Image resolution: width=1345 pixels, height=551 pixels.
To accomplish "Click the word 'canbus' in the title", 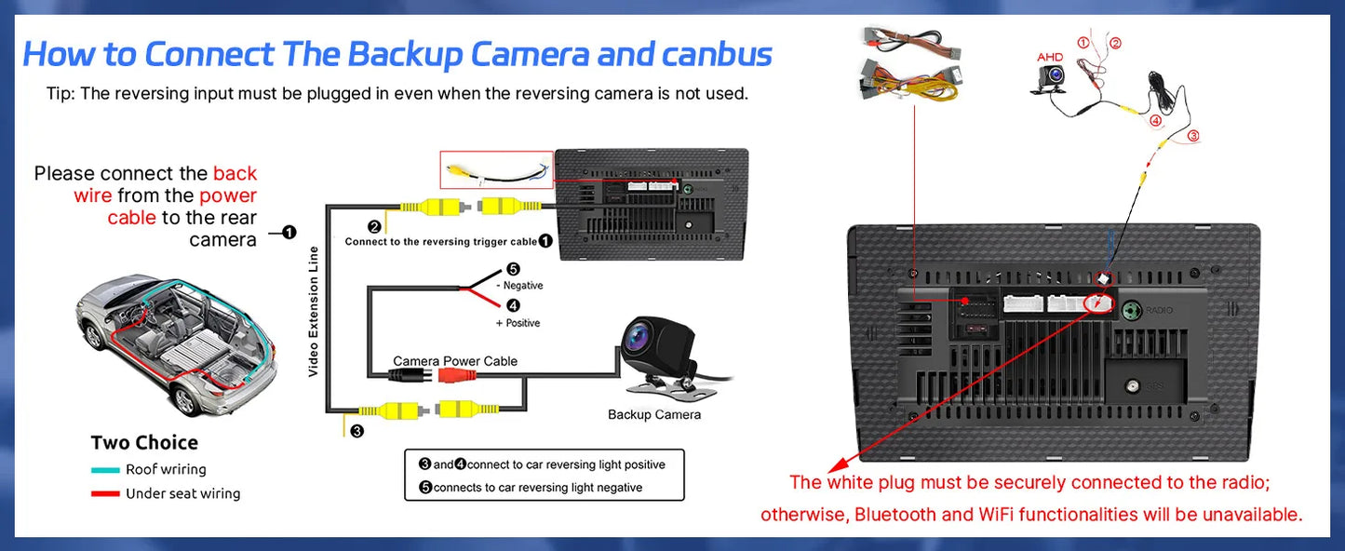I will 717,54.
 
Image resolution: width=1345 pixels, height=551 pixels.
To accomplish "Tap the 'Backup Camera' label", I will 653,414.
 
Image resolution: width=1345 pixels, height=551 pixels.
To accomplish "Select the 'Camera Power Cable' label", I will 455,361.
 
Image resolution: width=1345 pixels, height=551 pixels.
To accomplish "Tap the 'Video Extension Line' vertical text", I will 314,311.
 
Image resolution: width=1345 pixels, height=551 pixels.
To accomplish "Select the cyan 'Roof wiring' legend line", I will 105,470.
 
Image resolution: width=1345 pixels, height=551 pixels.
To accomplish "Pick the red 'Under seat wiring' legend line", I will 105,494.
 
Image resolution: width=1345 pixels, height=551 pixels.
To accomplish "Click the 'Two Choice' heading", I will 144,443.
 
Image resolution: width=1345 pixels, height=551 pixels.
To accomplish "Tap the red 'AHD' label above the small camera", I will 1050,58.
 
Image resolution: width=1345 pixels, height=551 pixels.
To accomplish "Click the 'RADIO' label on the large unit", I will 1159,310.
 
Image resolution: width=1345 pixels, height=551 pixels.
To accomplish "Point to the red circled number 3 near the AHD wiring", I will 1193,136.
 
